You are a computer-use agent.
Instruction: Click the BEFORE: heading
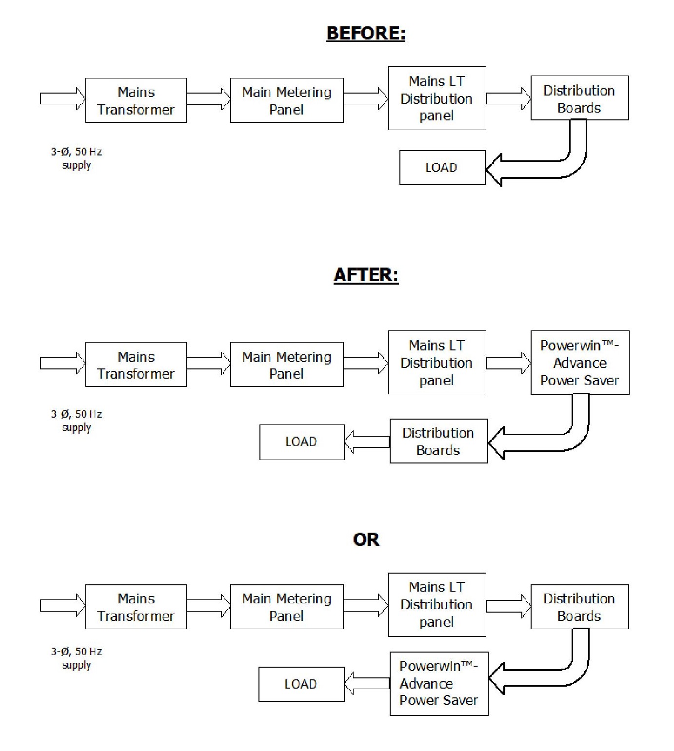[366, 33]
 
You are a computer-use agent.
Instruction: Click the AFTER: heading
[366, 275]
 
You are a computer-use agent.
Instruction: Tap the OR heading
[366, 539]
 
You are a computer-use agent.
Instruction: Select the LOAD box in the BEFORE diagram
[442, 168]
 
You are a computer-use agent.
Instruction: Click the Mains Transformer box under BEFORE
[136, 100]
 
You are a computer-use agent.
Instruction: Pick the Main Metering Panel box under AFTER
[287, 365]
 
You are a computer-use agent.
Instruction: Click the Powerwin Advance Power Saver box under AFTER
[580, 363]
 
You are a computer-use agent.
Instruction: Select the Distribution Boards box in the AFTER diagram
[438, 441]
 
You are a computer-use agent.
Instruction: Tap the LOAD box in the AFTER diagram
[302, 442]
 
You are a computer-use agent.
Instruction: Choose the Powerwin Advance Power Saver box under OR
[439, 684]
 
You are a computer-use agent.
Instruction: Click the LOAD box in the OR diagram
[301, 684]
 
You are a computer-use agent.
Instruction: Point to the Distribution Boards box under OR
[579, 607]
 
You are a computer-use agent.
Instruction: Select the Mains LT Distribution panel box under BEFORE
[437, 98]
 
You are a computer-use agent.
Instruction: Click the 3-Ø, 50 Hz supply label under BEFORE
[77, 158]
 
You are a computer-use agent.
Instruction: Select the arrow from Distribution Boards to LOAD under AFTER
[367, 442]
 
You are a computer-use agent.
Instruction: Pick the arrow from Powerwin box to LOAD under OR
[367, 683]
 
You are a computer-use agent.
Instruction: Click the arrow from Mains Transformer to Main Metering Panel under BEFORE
[208, 98]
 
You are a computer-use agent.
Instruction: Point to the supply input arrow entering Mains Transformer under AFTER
[63, 363]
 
